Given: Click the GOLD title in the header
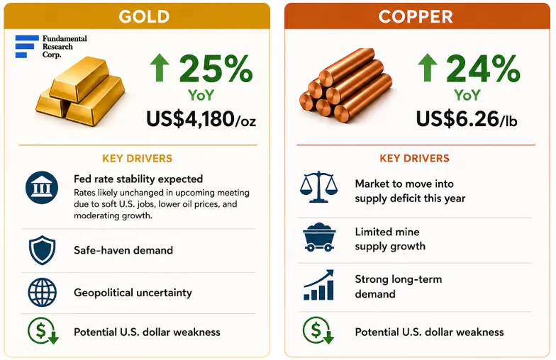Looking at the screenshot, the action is (144, 16).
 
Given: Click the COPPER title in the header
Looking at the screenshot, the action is (416, 16).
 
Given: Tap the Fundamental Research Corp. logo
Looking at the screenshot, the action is (51, 47).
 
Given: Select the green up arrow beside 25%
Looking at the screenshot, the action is (159, 67).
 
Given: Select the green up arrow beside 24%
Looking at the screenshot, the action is (427, 67).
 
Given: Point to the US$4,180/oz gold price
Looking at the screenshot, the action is (201, 119).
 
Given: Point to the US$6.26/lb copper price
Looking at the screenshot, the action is (467, 119).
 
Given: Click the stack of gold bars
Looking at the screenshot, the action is (81, 91).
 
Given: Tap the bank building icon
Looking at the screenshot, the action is (42, 187).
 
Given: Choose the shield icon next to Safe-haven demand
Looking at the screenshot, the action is (43, 250).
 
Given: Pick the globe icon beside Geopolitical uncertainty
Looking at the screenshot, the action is (43, 292).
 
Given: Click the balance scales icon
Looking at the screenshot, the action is (319, 187).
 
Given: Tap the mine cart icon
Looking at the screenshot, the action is (319, 237).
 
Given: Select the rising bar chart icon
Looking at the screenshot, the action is (319, 285).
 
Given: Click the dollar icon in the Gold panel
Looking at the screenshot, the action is (43, 330).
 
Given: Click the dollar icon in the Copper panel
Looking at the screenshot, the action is (318, 330).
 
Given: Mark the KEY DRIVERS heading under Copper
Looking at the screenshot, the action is (414, 159).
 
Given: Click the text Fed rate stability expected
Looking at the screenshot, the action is (138, 179).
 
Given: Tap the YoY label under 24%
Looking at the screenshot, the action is (467, 95).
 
